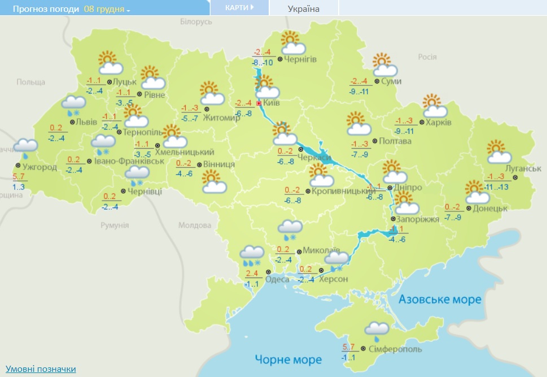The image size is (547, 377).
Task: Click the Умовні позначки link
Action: coord(41,369)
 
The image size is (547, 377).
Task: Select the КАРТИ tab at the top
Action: coord(239,7)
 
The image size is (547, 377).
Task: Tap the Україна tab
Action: coord(303,9)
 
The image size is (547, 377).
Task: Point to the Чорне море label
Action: coord(288,359)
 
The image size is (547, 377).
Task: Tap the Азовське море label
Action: coord(440,299)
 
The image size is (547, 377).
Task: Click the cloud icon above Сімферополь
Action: coord(377,329)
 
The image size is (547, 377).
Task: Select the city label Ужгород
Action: coord(40,167)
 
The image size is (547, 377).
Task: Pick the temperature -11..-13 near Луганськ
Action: coord(497,187)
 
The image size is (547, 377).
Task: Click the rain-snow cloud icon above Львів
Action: coord(74,105)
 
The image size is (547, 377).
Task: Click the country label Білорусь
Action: coord(196,21)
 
